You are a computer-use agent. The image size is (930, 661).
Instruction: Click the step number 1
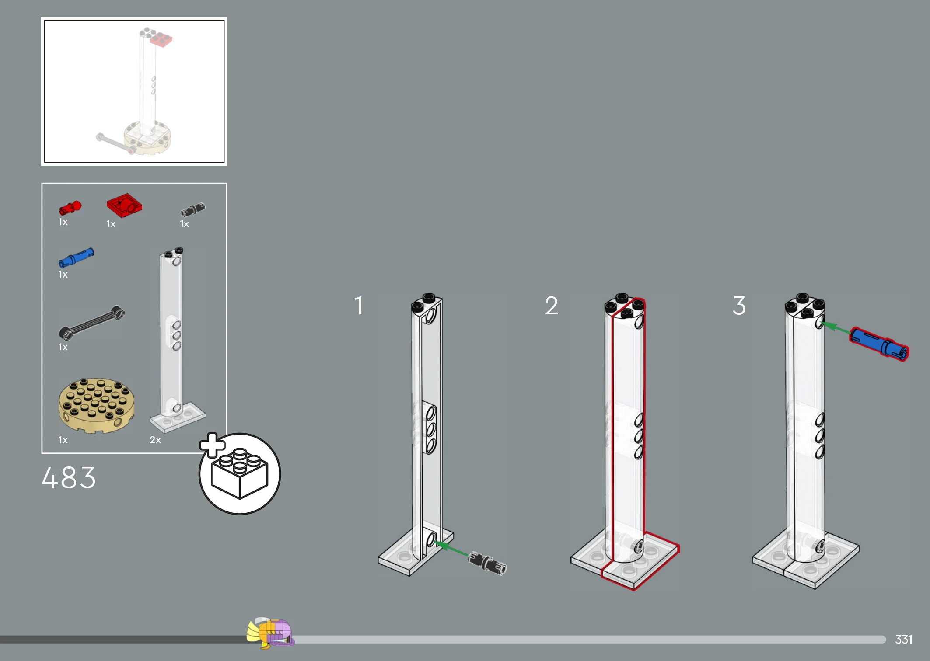(359, 306)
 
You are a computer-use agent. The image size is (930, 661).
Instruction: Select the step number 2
(551, 306)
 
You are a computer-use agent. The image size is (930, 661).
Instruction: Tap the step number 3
(739, 306)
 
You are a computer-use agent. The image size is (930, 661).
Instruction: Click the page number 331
(904, 640)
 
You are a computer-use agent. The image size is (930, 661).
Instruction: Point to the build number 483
(69, 477)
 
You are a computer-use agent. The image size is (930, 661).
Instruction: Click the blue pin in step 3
(879, 344)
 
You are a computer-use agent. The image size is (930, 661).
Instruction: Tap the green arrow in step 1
(451, 549)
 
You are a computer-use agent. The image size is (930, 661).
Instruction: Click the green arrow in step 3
(836, 328)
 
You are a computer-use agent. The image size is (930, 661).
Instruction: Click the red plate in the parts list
(125, 205)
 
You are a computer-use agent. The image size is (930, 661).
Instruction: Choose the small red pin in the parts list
(70, 208)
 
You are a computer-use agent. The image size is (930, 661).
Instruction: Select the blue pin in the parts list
(76, 257)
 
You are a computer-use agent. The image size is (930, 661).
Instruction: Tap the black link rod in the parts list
(92, 322)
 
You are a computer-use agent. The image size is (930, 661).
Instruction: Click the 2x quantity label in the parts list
(155, 440)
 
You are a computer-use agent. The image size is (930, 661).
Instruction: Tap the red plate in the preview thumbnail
(161, 39)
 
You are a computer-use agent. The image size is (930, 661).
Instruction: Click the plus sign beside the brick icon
(213, 445)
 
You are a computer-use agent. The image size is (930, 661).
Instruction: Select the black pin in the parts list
(193, 209)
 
